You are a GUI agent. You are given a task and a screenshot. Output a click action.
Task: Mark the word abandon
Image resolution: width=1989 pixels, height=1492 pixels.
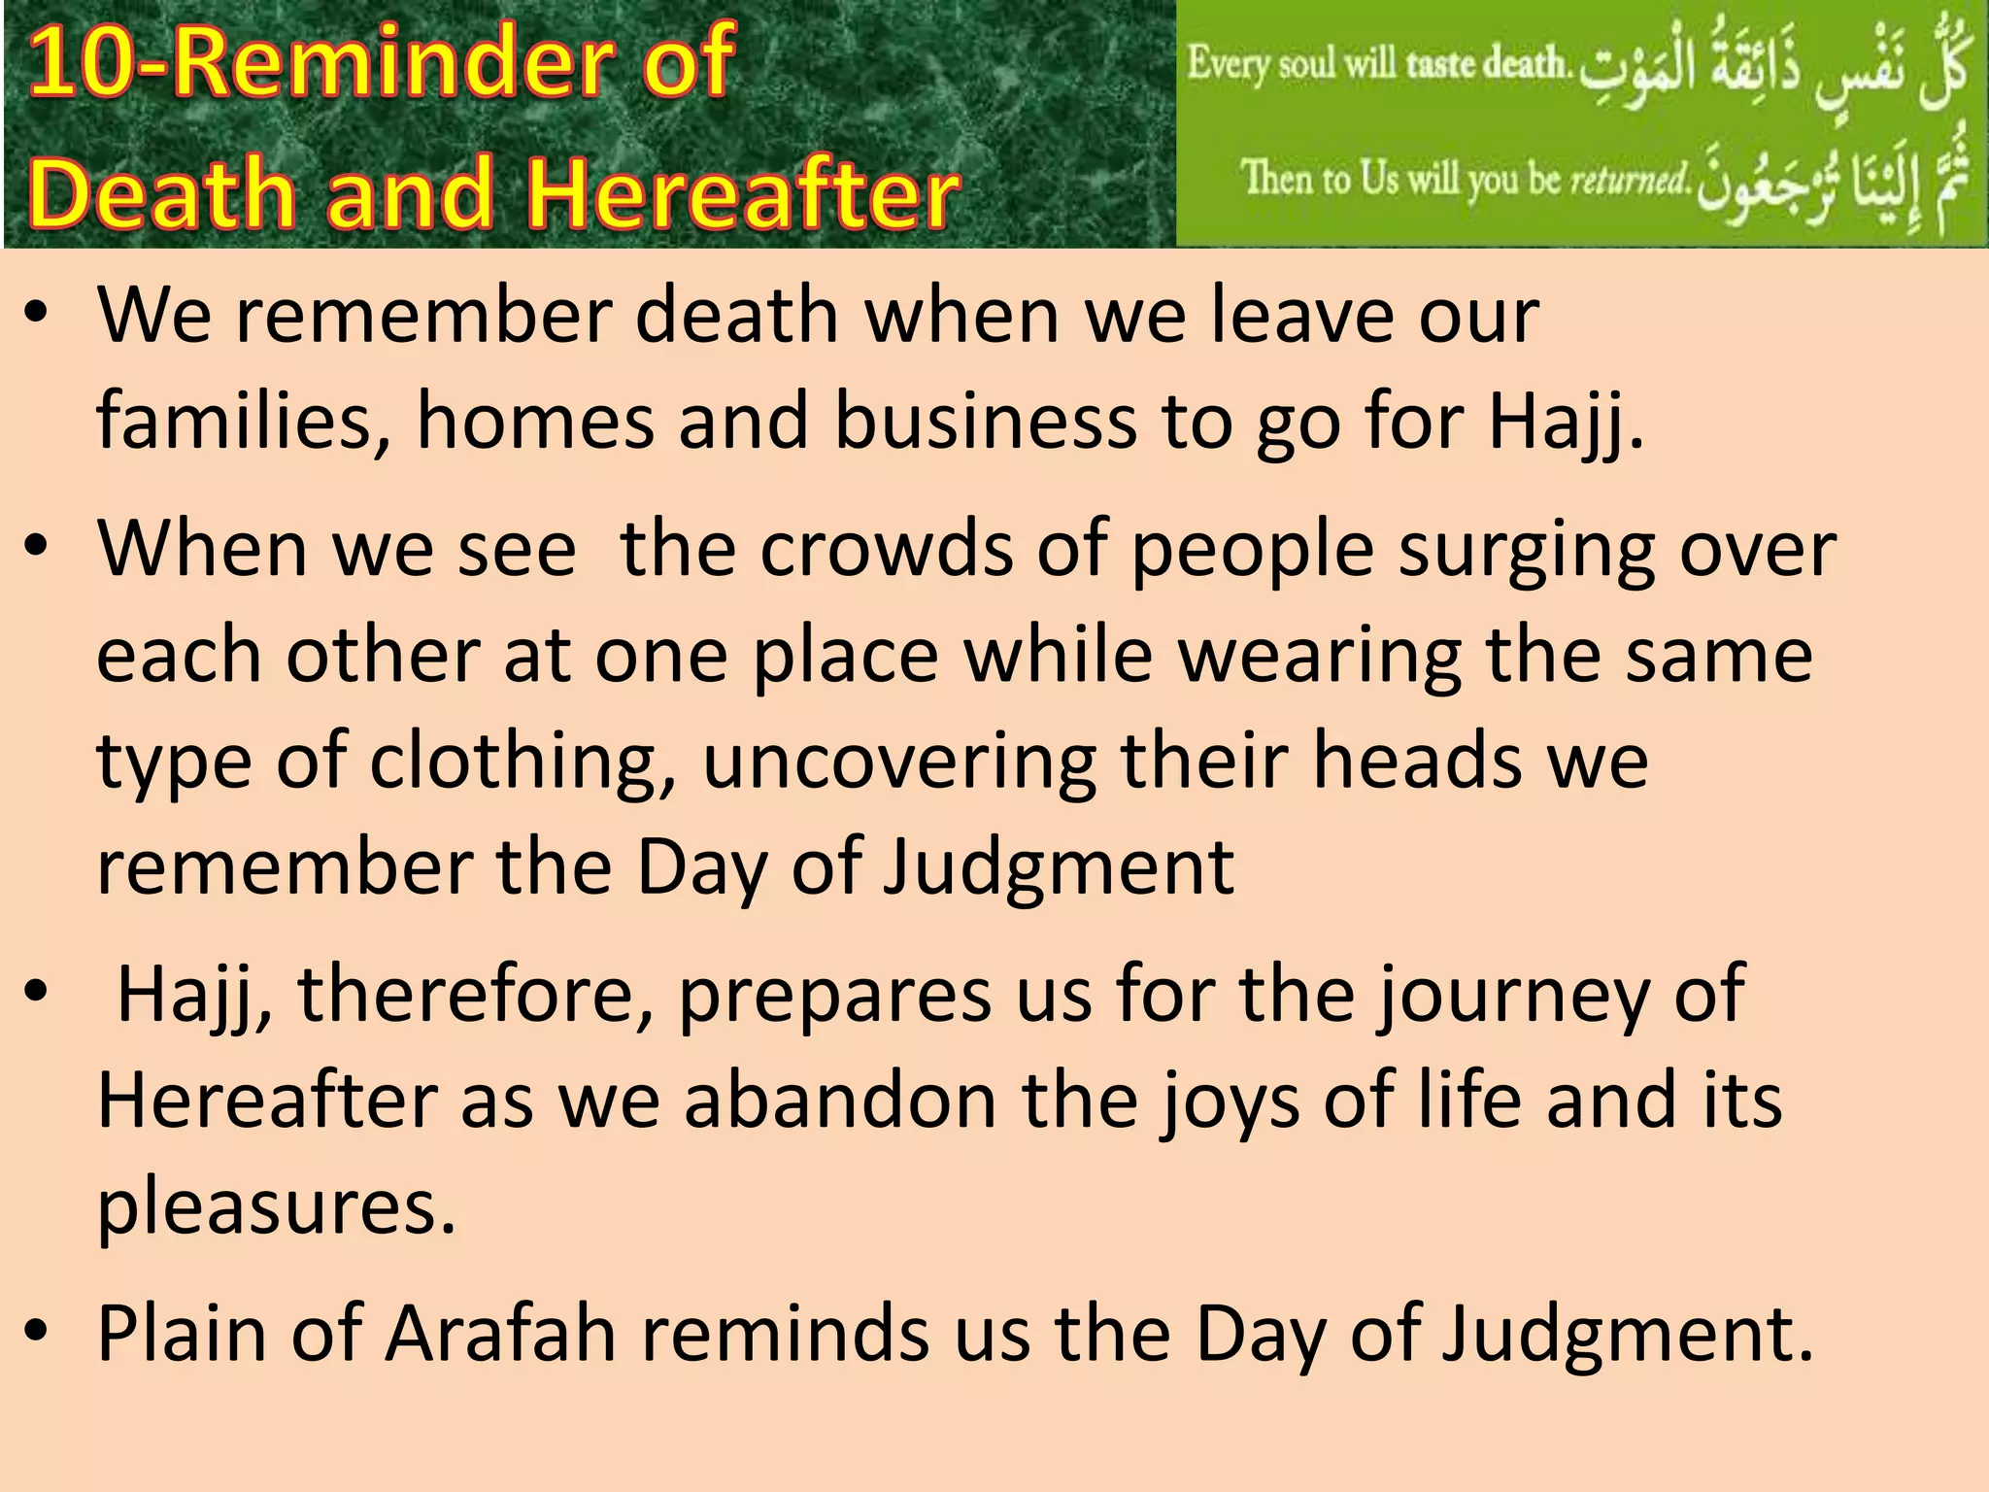tap(841, 1101)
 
